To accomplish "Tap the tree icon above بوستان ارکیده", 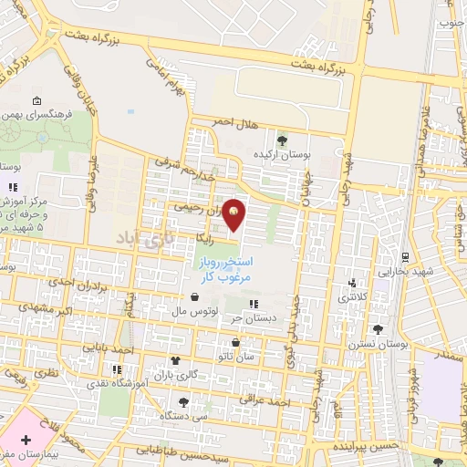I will pos(282,140).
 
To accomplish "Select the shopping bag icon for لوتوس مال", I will pos(194,296).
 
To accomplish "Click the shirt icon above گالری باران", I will pos(173,362).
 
